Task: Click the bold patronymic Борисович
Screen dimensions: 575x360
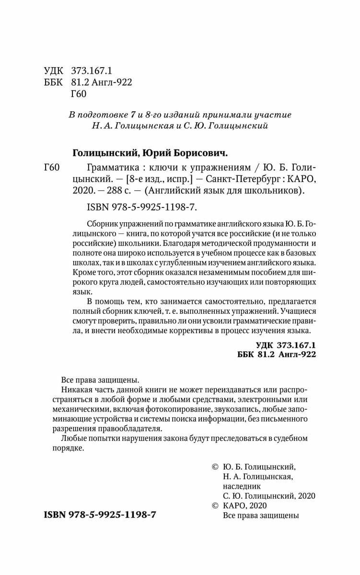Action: pyautogui.click(x=203, y=153)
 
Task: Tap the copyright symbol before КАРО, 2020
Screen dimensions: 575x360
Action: pyautogui.click(x=215, y=506)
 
